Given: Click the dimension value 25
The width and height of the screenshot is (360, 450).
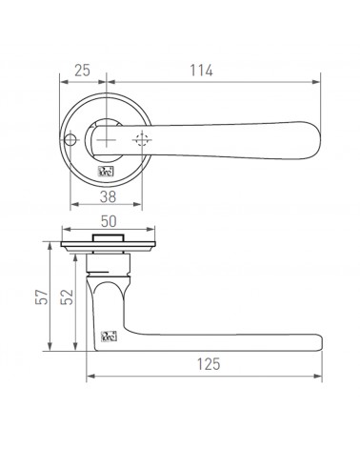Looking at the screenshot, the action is (82, 71).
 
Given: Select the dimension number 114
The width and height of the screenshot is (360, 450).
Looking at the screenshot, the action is (201, 71).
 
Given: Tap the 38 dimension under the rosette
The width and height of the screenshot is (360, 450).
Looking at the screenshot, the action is (108, 197).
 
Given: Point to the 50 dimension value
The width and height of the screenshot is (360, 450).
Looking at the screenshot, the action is (109, 221).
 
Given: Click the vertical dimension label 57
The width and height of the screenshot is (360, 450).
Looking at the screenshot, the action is (42, 297).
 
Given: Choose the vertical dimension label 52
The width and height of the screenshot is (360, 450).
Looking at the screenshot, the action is (67, 297).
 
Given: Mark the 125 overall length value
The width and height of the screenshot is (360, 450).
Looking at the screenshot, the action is (209, 364).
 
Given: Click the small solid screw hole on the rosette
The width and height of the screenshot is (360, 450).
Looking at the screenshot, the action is (70, 139).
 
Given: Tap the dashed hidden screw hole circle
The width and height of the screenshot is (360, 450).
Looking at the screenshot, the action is (142, 140).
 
